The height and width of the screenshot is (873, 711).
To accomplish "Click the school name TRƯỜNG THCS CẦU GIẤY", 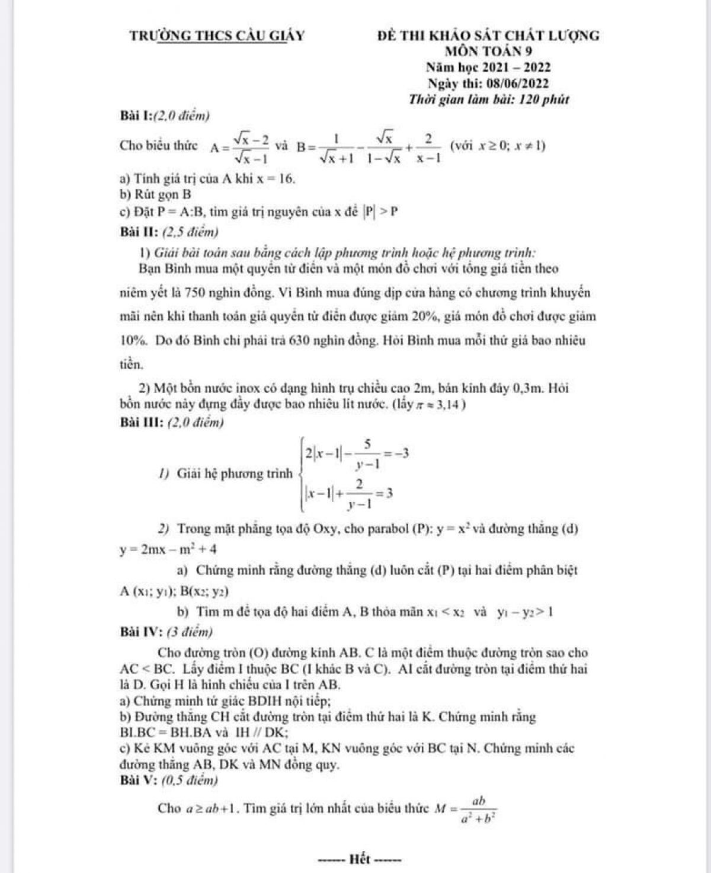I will pyautogui.click(x=217, y=36).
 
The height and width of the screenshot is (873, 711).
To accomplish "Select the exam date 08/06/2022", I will pyautogui.click(x=514, y=84).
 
